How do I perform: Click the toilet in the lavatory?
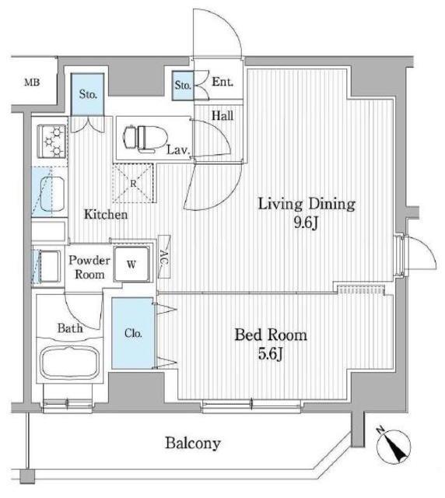(x=145, y=138)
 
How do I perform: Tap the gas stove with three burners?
(x=52, y=141)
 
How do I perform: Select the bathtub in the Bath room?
(x=70, y=362)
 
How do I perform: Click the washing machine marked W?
(x=131, y=264)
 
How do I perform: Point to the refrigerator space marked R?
(x=133, y=183)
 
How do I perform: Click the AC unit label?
(x=164, y=257)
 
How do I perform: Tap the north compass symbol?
(x=393, y=446)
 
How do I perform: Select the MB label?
(x=33, y=82)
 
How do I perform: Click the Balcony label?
(x=192, y=443)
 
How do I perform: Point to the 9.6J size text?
(x=306, y=223)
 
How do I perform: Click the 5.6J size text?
(x=270, y=354)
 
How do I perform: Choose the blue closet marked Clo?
(x=133, y=333)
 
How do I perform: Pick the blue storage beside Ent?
(x=183, y=86)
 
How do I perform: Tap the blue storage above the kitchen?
(x=88, y=94)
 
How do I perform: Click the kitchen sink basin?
(x=52, y=195)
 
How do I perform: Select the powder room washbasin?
(x=49, y=266)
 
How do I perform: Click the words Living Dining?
(x=307, y=204)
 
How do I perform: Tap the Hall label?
(x=223, y=116)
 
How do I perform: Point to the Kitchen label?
(x=106, y=215)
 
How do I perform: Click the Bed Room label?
(x=271, y=335)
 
